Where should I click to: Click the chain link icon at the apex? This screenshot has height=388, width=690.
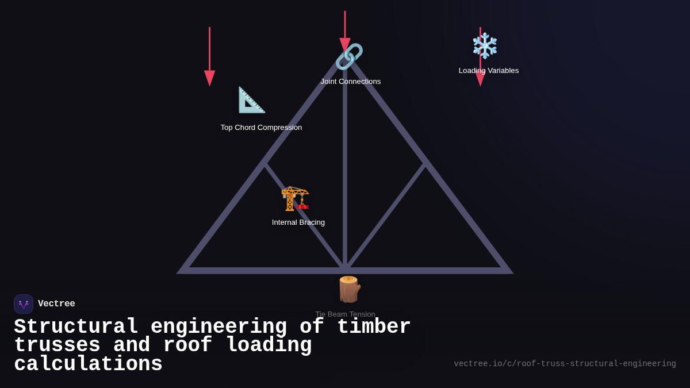click(349, 57)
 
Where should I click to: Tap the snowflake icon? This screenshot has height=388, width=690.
click(485, 46)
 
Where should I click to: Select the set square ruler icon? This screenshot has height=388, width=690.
click(252, 100)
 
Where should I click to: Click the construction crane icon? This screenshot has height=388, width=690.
click(295, 198)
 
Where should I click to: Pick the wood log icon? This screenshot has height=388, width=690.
click(348, 289)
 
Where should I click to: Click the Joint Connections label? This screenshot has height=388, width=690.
click(351, 82)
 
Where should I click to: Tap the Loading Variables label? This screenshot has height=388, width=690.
click(489, 71)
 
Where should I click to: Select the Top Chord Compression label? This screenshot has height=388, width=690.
click(261, 128)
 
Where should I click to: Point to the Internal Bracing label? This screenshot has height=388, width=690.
click(298, 222)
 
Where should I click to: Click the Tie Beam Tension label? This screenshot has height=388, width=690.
click(345, 314)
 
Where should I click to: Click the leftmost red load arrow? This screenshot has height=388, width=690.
click(209, 57)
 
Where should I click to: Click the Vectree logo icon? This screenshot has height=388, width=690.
click(24, 304)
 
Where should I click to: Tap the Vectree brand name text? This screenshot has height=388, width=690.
click(56, 304)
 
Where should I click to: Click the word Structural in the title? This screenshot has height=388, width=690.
click(76, 327)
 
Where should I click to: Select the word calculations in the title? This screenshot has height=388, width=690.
click(88, 364)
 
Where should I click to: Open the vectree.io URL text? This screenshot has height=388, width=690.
click(565, 364)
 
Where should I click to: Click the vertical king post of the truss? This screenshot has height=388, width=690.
click(345, 172)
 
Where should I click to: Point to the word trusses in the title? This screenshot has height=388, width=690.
click(57, 345)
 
